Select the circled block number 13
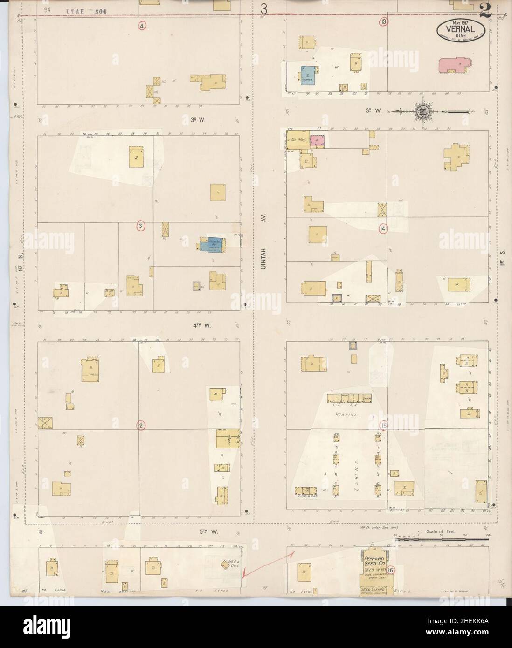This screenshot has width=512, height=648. coord(383,22)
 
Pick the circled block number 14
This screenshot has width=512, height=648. coord(383,228)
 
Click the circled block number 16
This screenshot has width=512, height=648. coord(390,570)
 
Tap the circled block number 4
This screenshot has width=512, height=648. coord(142,26)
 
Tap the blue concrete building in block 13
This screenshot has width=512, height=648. coord(308,76)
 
